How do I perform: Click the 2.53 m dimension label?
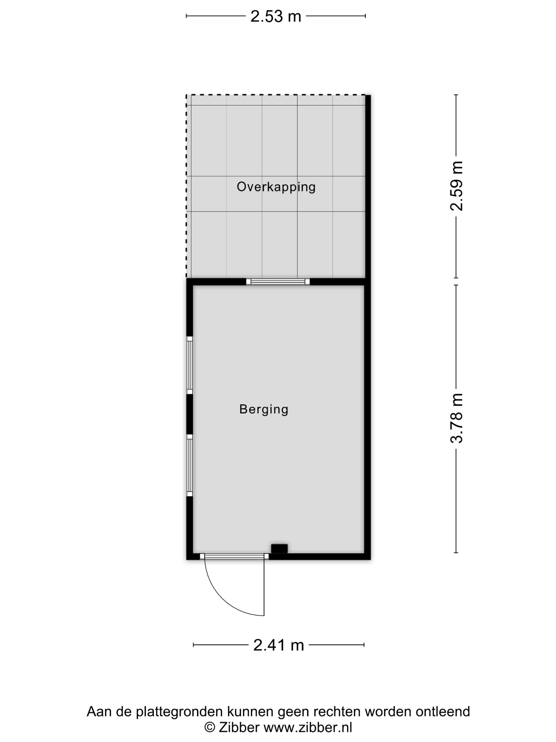coord(276,16)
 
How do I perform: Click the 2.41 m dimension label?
coord(278,644)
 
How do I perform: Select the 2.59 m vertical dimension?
coord(456,186)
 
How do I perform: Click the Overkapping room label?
coord(276,187)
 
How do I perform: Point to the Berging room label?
coord(264,409)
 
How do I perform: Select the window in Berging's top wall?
coord(278,281)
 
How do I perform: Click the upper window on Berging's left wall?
coord(190,365)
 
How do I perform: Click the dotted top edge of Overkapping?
coord(276,95)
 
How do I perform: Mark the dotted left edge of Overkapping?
coord(187,186)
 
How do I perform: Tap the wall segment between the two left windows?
coord(190,414)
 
